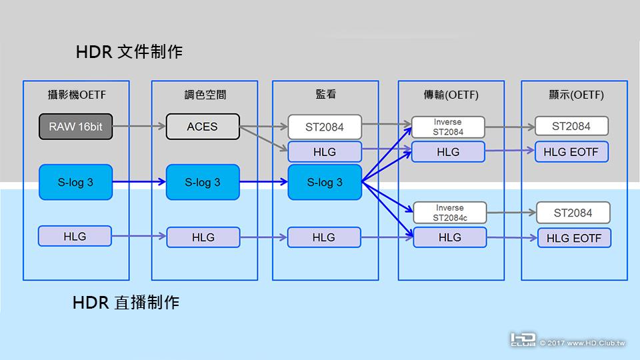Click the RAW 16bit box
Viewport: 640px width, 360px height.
click(75, 127)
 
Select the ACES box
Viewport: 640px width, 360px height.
click(203, 127)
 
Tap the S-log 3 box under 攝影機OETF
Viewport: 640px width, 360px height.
click(75, 182)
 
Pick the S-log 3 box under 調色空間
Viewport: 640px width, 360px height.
click(203, 182)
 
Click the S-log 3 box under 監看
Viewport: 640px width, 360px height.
click(325, 182)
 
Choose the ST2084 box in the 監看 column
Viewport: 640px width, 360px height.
click(325, 127)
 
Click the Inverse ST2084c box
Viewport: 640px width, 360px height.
click(449, 213)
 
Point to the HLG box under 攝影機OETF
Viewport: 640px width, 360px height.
click(75, 236)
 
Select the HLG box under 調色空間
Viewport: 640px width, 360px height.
click(203, 237)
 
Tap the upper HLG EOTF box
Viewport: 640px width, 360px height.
click(571, 152)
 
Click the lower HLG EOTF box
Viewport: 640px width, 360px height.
click(574, 238)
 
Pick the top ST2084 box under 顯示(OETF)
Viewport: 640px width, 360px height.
click(571, 126)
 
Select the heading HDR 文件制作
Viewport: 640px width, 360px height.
click(129, 51)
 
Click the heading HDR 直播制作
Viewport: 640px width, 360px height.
click(126, 303)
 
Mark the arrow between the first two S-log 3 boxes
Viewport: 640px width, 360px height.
click(139, 182)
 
